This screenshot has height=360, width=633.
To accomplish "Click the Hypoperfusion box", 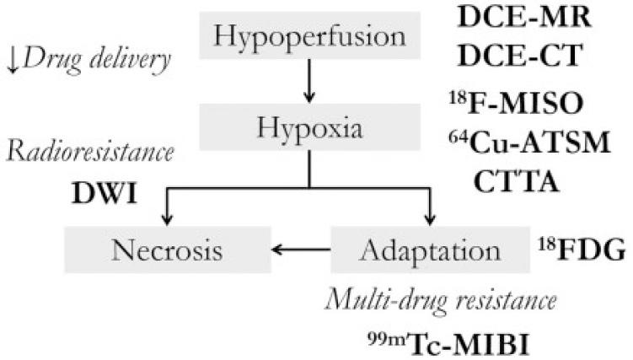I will click(310, 35).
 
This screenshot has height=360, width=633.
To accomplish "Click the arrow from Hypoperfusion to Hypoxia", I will click(311, 83).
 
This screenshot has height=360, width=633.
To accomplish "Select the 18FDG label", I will click(580, 249).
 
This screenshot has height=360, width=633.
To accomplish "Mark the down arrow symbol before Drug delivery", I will click(14, 60).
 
